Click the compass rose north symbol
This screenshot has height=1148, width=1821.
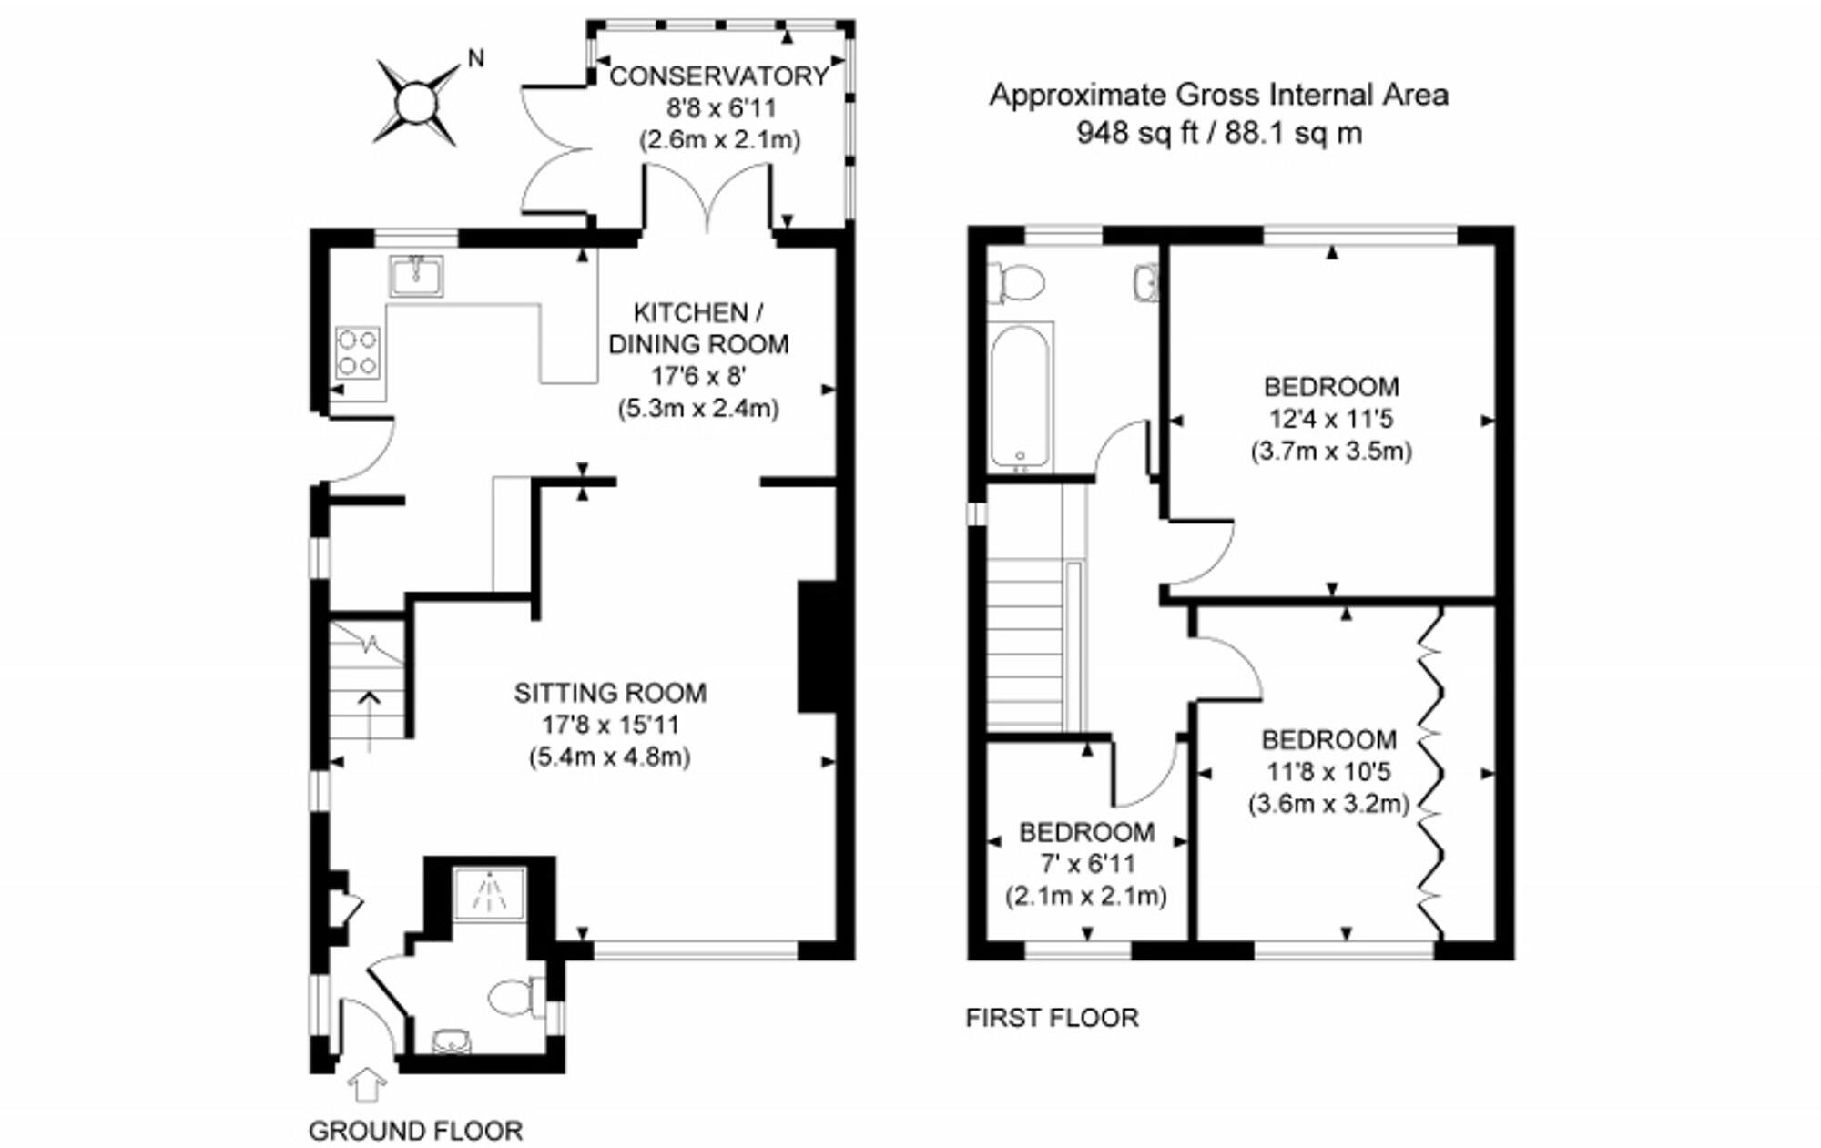click(417, 102)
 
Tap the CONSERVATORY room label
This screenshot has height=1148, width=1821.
click(718, 76)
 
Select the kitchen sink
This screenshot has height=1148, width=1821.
click(417, 276)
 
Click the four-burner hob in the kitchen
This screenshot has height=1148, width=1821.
click(357, 352)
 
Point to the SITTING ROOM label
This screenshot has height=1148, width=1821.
click(610, 693)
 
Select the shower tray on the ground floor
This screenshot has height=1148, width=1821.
click(490, 892)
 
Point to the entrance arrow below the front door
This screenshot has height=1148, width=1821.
click(367, 1085)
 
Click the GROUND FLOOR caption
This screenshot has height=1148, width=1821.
click(415, 1131)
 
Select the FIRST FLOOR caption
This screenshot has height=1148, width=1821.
click(1052, 1018)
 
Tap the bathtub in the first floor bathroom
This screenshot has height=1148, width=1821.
click(1020, 398)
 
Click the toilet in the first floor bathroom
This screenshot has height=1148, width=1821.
click(1016, 281)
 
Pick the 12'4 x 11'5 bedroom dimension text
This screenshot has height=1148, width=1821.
click(1331, 419)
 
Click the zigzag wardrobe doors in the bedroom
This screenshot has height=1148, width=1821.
click(1432, 774)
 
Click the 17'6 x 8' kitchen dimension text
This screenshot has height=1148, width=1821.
click(698, 376)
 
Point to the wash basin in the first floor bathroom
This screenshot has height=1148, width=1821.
click(1147, 283)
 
